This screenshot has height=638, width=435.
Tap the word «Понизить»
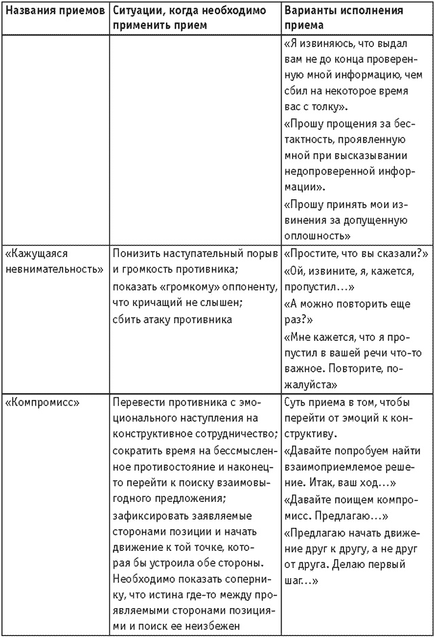[x=137, y=254]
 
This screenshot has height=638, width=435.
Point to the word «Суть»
[x=296, y=402]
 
